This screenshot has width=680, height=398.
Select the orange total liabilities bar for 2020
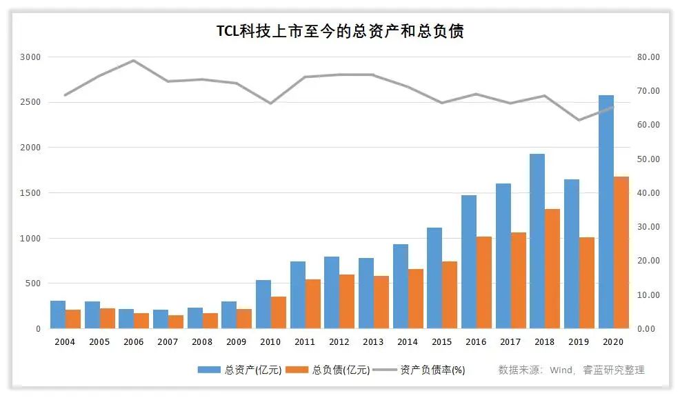tap(621, 252)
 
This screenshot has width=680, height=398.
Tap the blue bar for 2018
tap(537, 241)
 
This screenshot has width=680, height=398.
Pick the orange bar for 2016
tap(484, 283)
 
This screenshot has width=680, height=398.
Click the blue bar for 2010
tap(263, 304)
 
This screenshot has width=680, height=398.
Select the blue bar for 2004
tap(58, 315)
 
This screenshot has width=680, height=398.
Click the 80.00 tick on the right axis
tap(650, 57)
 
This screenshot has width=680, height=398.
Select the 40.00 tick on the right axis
tap(650, 193)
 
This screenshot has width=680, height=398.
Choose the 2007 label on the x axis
tap(168, 342)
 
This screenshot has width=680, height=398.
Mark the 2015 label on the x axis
tap(441, 342)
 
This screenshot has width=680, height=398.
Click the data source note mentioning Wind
tap(571, 370)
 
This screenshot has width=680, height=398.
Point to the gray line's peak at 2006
tap(134, 61)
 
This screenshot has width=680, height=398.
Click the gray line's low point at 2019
tap(579, 120)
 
